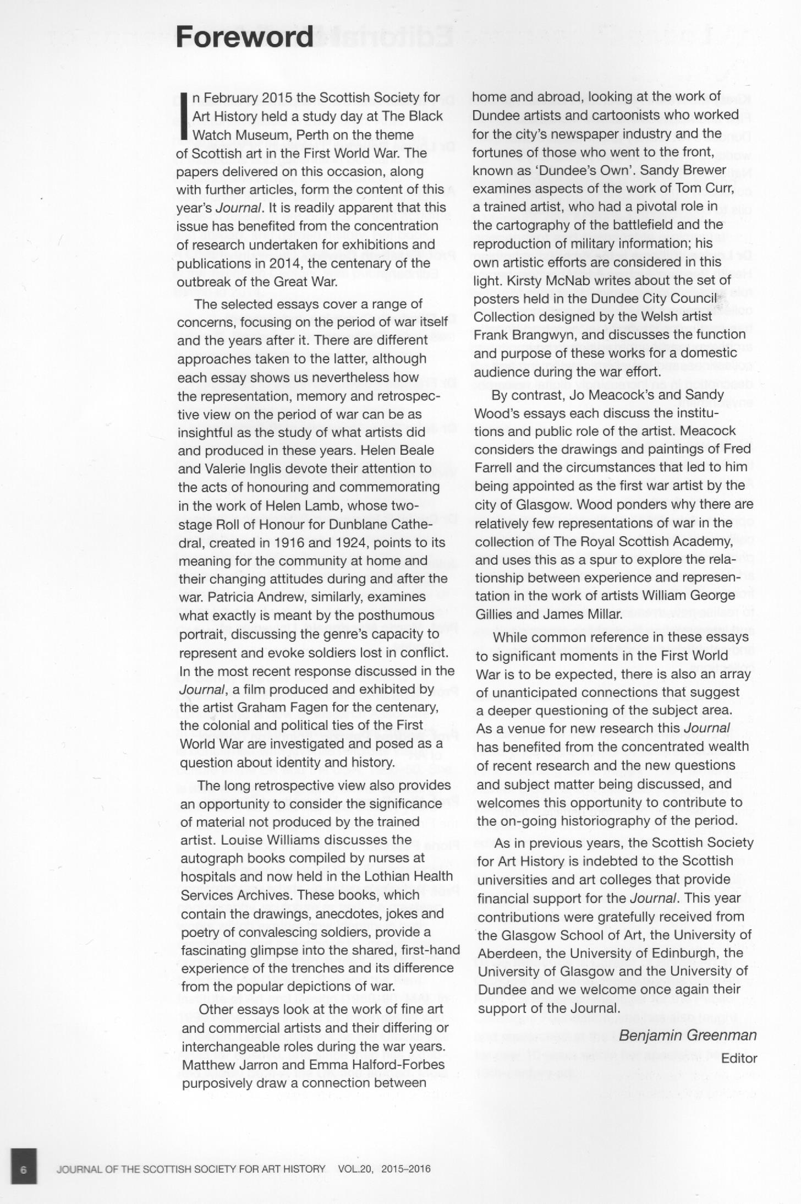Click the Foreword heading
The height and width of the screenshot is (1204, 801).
[x=244, y=37]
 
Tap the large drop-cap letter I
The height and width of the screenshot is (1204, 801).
[x=184, y=116]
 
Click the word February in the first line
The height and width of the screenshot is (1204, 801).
[x=230, y=98]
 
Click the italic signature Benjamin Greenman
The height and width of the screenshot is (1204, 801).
[x=688, y=1035]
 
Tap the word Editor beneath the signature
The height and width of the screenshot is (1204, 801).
[x=739, y=1058]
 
